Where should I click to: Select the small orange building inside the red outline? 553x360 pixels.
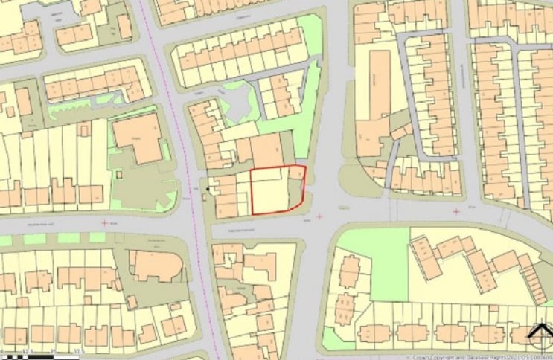tap(296, 173)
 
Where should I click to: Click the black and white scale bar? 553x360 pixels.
tap(45, 348)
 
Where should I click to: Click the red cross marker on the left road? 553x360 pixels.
tap(104, 222)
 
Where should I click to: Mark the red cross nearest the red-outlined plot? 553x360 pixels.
tap(319, 216)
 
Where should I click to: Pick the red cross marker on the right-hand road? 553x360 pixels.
tap(455, 212)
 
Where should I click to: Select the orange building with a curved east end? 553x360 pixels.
tap(156, 266)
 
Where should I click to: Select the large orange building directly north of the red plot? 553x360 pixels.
tap(266, 152)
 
